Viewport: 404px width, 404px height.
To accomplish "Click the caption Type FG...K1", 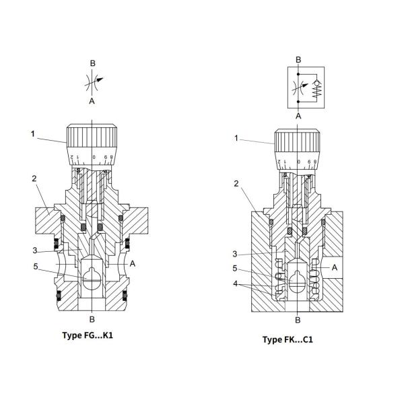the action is pos(88,335).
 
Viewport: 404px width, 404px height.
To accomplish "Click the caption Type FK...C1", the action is pos(288,339).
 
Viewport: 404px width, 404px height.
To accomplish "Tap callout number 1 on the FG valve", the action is pos(33,134).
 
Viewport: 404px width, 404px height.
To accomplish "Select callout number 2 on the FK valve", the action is pos(236,184).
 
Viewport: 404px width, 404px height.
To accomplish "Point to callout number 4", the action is pos(235,283).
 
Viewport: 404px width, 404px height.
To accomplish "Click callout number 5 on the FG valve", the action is pos(36,267).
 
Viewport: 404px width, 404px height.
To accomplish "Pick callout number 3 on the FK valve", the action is pos(235,254).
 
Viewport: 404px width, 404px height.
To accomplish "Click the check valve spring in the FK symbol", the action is pos(317,92).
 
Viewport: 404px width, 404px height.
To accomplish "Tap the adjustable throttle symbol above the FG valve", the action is pos(94,81).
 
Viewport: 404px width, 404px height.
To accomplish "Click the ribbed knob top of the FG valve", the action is pos(92,136).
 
